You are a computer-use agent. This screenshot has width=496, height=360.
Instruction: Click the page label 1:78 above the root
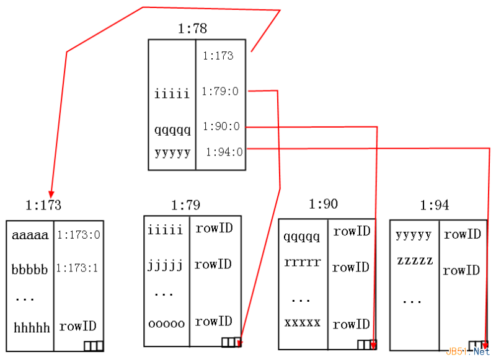tap(192, 29)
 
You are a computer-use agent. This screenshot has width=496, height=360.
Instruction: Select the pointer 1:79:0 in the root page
tap(220, 92)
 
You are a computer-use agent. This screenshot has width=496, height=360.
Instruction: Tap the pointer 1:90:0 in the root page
tap(221, 127)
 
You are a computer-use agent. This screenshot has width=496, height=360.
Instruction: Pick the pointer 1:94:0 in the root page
tap(224, 152)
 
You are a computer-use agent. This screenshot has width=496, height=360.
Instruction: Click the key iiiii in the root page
tap(172, 94)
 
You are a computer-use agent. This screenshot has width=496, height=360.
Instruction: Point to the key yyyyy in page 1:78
tap(172, 152)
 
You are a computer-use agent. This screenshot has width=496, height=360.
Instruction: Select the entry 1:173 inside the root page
tap(218, 56)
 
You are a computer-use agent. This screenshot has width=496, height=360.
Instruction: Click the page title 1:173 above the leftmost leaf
tap(43, 204)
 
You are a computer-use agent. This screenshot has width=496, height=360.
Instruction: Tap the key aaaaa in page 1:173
tap(30, 235)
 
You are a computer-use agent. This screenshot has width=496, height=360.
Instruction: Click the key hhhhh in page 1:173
tap(30, 328)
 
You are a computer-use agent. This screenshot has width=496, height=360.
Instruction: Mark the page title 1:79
tap(185, 204)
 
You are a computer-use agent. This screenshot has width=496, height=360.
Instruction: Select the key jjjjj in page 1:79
tap(166, 266)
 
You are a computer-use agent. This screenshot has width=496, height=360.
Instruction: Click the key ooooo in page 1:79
tap(166, 323)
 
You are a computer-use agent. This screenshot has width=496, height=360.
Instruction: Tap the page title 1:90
tap(323, 204)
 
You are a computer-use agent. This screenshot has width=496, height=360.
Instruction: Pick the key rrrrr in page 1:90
tap(302, 262)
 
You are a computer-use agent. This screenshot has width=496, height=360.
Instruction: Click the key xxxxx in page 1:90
tap(302, 323)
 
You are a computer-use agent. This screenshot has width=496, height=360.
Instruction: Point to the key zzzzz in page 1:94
tap(415, 260)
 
